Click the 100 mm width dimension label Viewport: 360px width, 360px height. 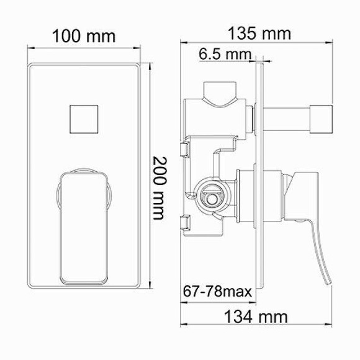tap(83, 36)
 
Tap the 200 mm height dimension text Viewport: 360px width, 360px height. tap(160, 187)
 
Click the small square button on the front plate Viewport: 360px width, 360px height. tap(83, 117)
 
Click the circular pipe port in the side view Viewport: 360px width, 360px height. tap(210, 197)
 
